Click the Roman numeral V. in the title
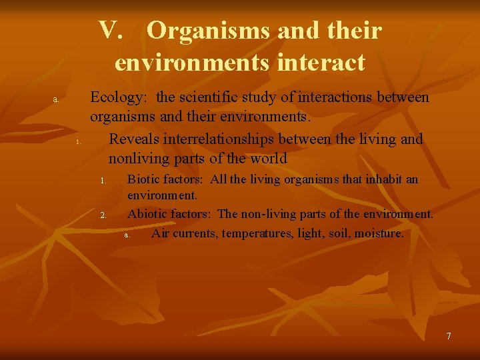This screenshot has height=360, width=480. coord(112,31)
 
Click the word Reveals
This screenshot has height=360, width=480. coord(135,139)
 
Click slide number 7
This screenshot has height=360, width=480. coord(449,336)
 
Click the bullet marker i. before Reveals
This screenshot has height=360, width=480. coord(78,141)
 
